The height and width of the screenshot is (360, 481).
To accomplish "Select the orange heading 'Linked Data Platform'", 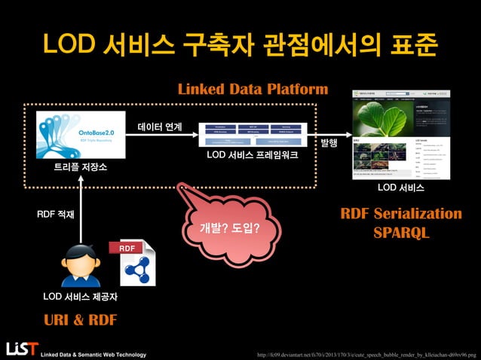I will tap(253, 90).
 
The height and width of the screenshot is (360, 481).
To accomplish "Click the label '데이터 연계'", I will tap(159, 127).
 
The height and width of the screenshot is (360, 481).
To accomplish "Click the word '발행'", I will tap(329, 142).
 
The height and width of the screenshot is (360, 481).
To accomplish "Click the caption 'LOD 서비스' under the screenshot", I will tap(400, 187).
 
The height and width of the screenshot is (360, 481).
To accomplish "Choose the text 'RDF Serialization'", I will tap(401, 214).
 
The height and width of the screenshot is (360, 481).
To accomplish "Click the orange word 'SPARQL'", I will tap(401, 234).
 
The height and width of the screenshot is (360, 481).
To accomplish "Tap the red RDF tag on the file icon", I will tap(127, 248).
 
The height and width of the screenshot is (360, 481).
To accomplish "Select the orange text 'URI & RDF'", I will tap(80, 319).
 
